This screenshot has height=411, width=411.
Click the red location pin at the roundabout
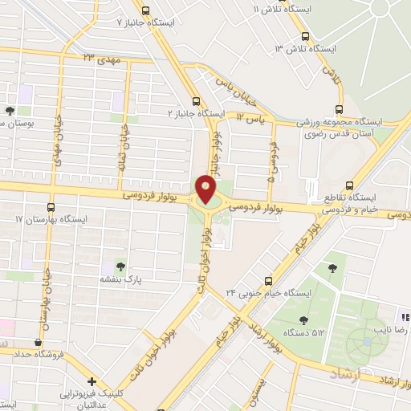(x=206, y=189)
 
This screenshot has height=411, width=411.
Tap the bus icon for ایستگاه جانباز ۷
(x=145, y=11)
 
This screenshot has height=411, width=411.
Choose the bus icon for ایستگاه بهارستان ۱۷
(x=51, y=206)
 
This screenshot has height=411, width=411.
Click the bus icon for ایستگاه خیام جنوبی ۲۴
(x=269, y=280)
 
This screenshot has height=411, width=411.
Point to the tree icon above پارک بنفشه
(x=120, y=265)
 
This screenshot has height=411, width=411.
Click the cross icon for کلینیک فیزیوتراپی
(x=93, y=381)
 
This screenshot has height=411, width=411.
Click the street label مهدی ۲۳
(x=100, y=57)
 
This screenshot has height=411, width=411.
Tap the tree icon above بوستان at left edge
(x=10, y=112)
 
